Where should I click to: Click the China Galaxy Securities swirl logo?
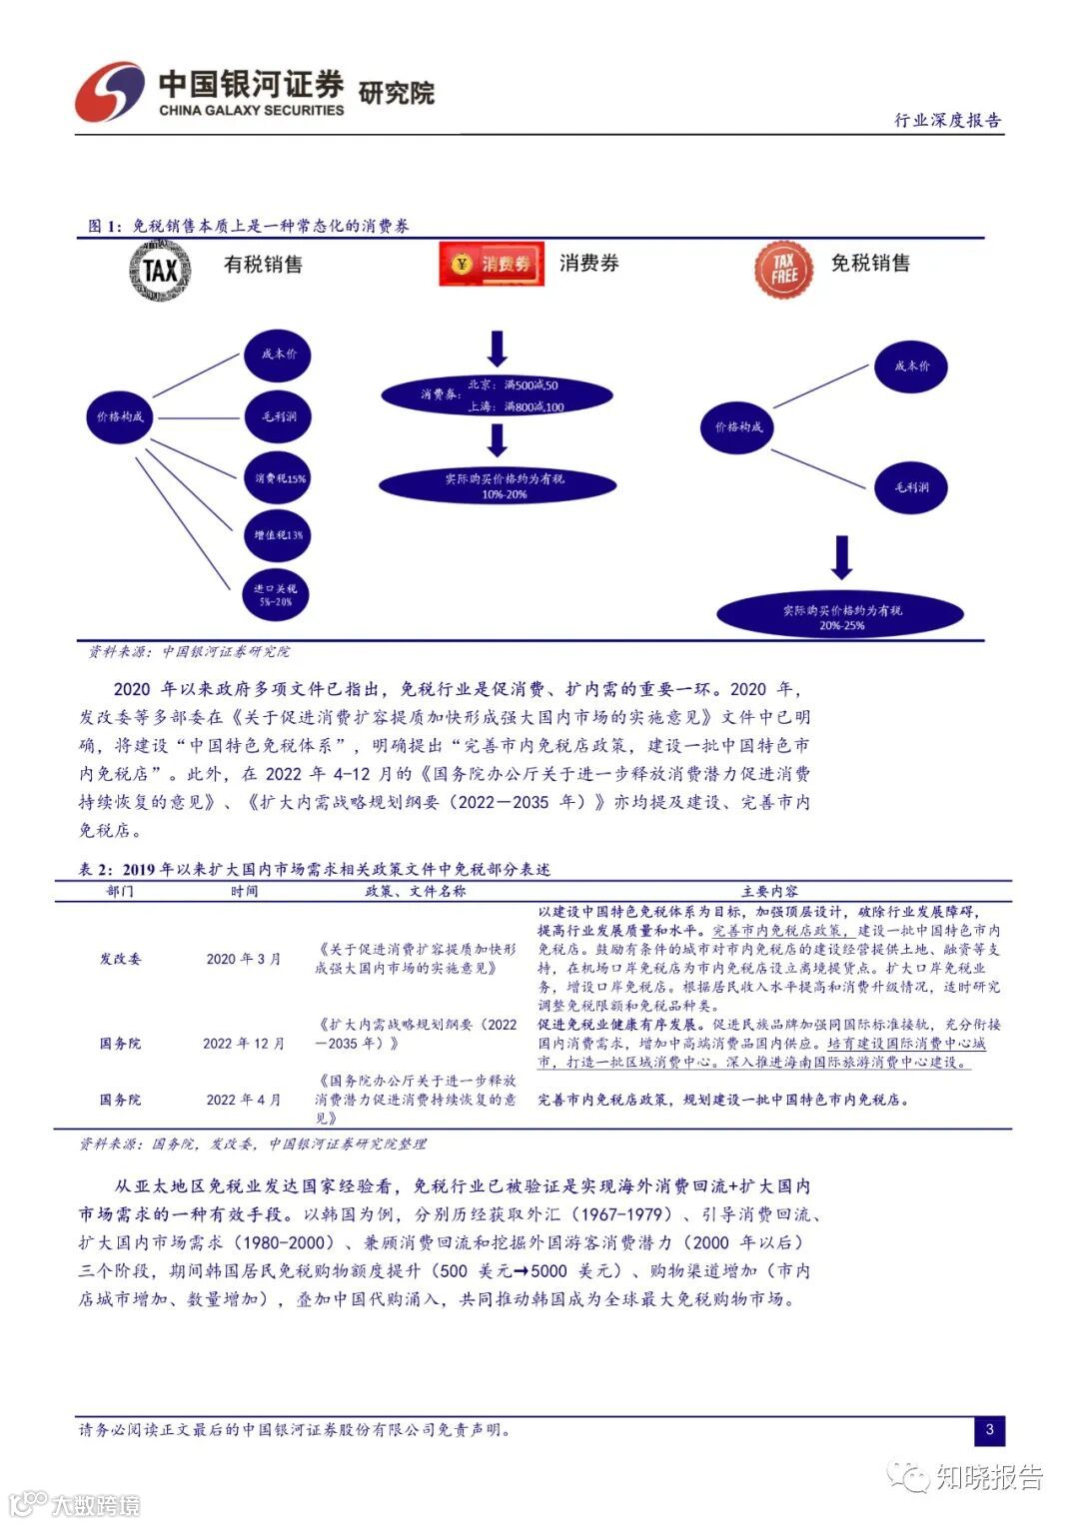pos(110,93)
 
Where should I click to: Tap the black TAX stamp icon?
pos(160,269)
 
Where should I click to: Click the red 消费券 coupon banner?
pos(492,265)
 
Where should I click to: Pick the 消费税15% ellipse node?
pos(278,478)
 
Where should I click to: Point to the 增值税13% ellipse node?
pos(278,535)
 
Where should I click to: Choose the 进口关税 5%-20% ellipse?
pos(275,595)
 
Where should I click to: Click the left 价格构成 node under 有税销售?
pos(120,416)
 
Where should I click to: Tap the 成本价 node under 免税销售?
pos(911,366)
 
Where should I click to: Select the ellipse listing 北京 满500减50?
pos(497,394)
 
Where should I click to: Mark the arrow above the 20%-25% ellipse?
pos(842,557)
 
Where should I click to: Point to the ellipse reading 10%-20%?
pos(497,486)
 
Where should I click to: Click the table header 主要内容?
pos(769,891)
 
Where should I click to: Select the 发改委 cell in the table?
pos(120,959)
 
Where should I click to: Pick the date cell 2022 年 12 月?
pos(244,1044)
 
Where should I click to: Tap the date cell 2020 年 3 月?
pos(244,959)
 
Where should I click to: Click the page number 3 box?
pos(989,1429)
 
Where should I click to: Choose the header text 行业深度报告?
pos(947,120)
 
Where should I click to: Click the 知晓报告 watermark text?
pos(988,1477)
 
